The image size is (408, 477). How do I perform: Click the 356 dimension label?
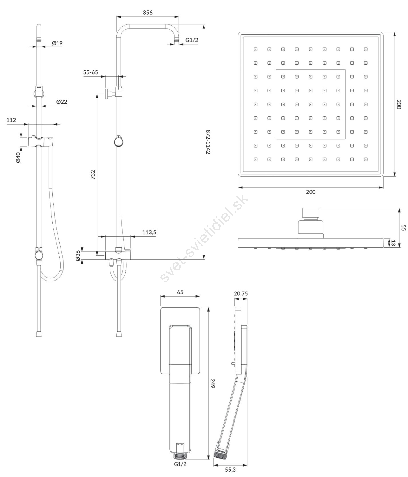[147, 13]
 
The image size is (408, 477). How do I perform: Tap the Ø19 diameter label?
[57, 43]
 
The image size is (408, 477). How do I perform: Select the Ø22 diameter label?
[62, 102]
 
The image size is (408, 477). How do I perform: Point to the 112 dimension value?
[11, 120]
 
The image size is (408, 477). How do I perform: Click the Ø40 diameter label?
[18, 157]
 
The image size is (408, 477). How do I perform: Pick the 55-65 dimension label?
[90, 72]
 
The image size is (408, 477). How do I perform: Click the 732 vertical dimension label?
[93, 174]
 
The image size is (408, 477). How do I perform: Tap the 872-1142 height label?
[208, 142]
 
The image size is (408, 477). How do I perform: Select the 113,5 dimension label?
[149, 232]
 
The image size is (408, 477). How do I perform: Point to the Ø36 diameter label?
[78, 256]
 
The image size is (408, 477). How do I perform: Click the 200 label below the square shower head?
[310, 192]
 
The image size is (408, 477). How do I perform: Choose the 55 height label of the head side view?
[403, 228]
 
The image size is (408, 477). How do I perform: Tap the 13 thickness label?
[393, 243]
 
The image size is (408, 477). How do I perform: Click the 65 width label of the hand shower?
[180, 292]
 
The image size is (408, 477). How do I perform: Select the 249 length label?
[213, 383]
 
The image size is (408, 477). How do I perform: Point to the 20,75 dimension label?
[241, 294]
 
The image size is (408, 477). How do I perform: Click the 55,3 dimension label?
[230, 470]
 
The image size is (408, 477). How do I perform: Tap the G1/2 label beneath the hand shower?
[180, 464]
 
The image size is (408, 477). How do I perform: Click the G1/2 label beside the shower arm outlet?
[192, 40]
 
